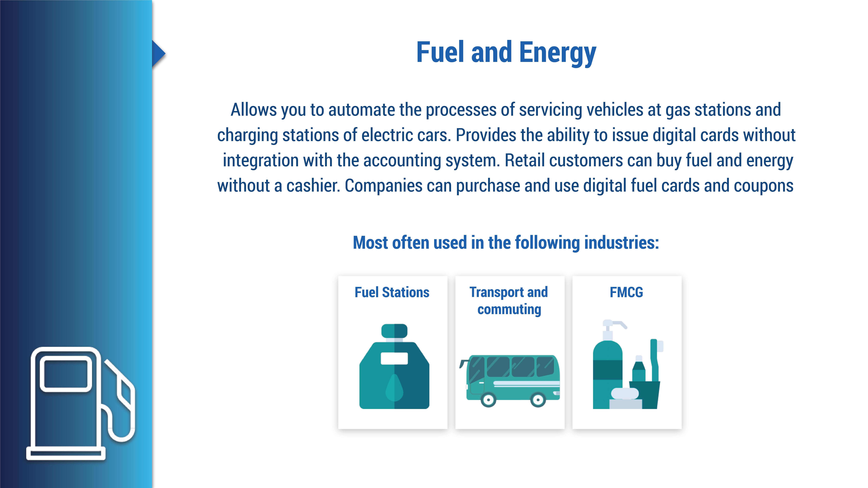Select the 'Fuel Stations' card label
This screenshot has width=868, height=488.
click(392, 292)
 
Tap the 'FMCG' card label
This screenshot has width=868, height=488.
click(626, 292)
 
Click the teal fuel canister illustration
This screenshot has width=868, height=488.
click(394, 366)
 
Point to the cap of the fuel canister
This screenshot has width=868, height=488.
click(394, 331)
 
